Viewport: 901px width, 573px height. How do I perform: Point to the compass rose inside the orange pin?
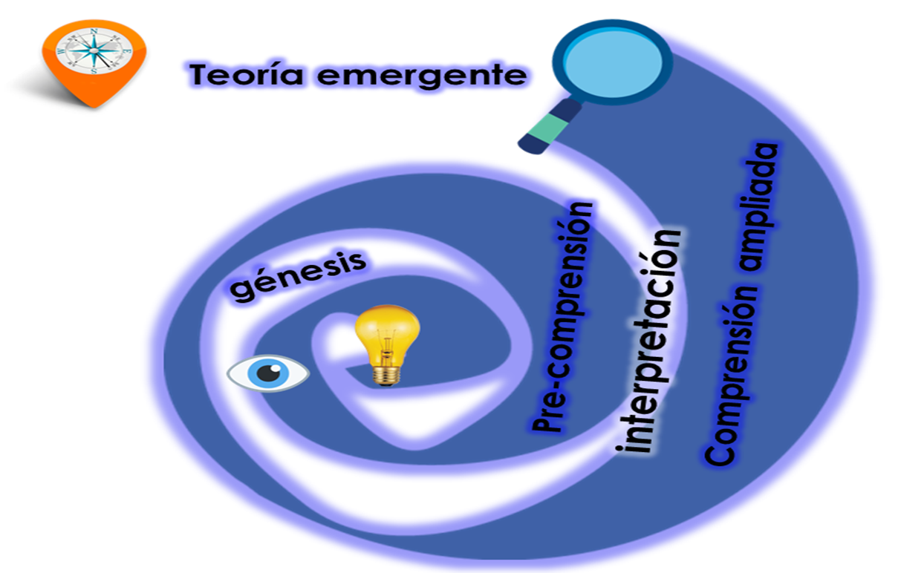click(x=94, y=50)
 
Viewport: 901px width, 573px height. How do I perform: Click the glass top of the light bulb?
click(x=387, y=330)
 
